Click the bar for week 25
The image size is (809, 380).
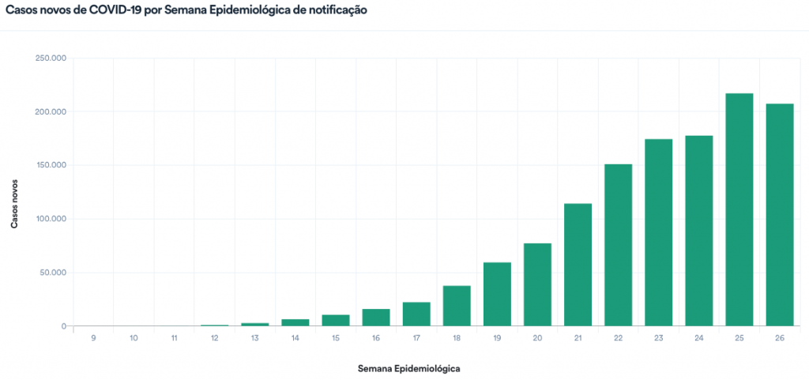(739, 209)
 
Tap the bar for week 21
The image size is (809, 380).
(578, 265)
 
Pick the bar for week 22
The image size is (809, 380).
(618, 245)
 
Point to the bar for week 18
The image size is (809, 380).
(457, 306)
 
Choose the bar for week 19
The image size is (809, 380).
(497, 294)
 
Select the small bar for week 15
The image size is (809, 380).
(336, 320)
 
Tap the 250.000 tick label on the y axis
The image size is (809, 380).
(51, 58)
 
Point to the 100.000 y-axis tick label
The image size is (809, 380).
(51, 219)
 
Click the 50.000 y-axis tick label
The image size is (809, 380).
(53, 273)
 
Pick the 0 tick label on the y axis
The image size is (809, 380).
(63, 326)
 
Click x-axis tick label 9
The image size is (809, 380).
(93, 338)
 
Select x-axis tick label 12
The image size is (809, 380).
(214, 338)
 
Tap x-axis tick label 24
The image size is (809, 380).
(698, 338)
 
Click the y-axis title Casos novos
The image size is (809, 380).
(15, 202)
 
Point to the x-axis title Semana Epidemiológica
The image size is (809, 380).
(408, 369)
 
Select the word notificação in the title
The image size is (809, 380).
(336, 12)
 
